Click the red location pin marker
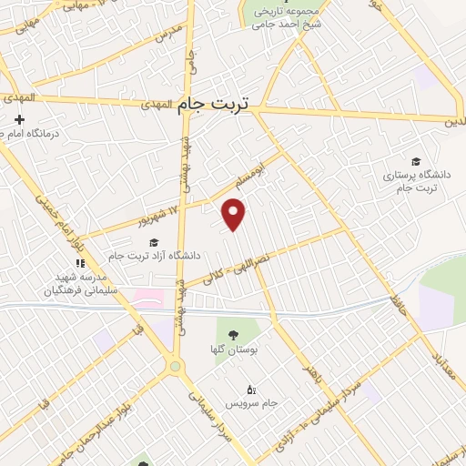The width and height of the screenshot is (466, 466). (x=235, y=215)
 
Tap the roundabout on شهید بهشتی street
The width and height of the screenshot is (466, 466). (x=176, y=367)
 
